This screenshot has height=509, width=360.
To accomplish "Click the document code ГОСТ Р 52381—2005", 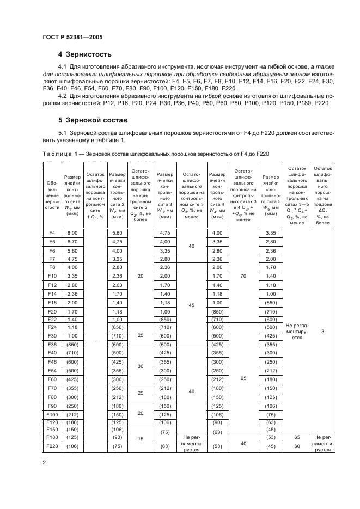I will pos(72,37).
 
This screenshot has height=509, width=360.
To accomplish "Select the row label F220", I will pos(52,447).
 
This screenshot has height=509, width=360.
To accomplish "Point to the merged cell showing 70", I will pos(243,276).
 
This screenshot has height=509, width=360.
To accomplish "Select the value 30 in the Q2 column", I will pos(141,366).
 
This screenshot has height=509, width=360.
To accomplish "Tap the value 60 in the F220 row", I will pos(297,447).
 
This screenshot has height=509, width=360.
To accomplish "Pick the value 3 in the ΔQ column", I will pos(322,330).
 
